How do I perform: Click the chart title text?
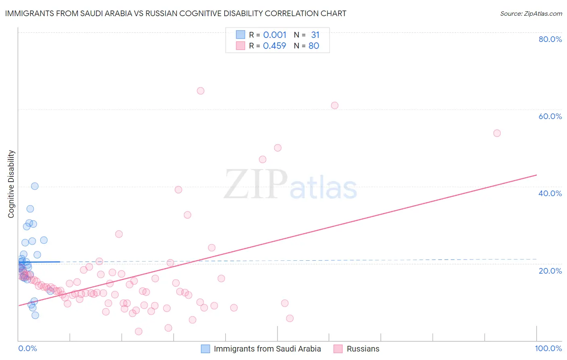click(x=175, y=13)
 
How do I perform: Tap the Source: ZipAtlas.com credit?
click(x=531, y=13)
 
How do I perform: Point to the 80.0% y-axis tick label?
click(x=550, y=39)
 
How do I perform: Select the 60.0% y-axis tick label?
click(x=550, y=116)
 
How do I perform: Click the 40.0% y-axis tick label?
click(x=550, y=193)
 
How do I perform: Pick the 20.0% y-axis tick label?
click(x=550, y=270)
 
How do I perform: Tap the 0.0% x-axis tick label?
click(x=27, y=348)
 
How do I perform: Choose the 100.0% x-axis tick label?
click(x=548, y=348)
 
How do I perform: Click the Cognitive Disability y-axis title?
click(x=11, y=184)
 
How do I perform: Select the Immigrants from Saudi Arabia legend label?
click(x=267, y=349)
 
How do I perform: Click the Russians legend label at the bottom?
click(x=363, y=349)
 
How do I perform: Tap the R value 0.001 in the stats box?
click(x=275, y=35)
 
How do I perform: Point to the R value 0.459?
click(x=275, y=46)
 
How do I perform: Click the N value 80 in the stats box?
click(x=314, y=46)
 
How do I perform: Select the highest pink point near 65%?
click(x=200, y=91)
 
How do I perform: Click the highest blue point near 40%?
click(x=35, y=186)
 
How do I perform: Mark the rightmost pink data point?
click(x=497, y=133)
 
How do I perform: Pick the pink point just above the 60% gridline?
click(x=334, y=105)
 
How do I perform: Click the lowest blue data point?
click(x=35, y=315)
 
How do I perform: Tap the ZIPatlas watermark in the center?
click(x=290, y=185)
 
